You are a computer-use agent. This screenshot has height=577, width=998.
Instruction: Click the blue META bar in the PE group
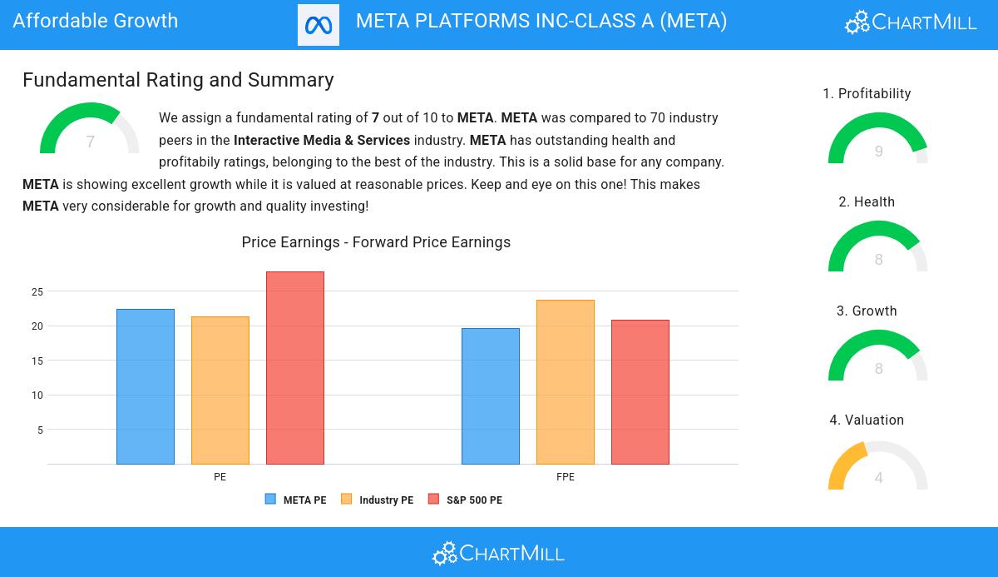(146, 386)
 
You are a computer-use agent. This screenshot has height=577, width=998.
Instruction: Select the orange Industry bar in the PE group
(220, 390)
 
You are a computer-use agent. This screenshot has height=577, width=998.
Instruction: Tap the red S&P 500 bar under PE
(295, 368)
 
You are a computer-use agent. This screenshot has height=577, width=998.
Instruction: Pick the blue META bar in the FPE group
(491, 396)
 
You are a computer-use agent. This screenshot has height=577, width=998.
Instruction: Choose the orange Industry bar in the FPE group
(566, 382)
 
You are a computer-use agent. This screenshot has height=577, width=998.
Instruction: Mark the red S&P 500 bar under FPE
(640, 392)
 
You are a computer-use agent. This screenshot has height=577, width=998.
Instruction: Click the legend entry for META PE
(296, 500)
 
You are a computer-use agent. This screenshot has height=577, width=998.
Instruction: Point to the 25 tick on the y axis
(37, 291)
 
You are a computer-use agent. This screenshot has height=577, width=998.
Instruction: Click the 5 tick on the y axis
(40, 430)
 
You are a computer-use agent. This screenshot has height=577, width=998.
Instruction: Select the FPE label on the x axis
(566, 477)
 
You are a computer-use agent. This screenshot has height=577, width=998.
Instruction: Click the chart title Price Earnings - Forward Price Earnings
(376, 242)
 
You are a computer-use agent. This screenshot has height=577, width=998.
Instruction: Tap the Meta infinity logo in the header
(319, 25)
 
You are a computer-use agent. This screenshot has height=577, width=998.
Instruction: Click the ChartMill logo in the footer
(498, 553)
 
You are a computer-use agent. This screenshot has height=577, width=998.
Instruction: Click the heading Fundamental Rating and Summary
(178, 80)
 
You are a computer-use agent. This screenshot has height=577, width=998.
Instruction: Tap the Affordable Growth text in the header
(96, 21)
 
